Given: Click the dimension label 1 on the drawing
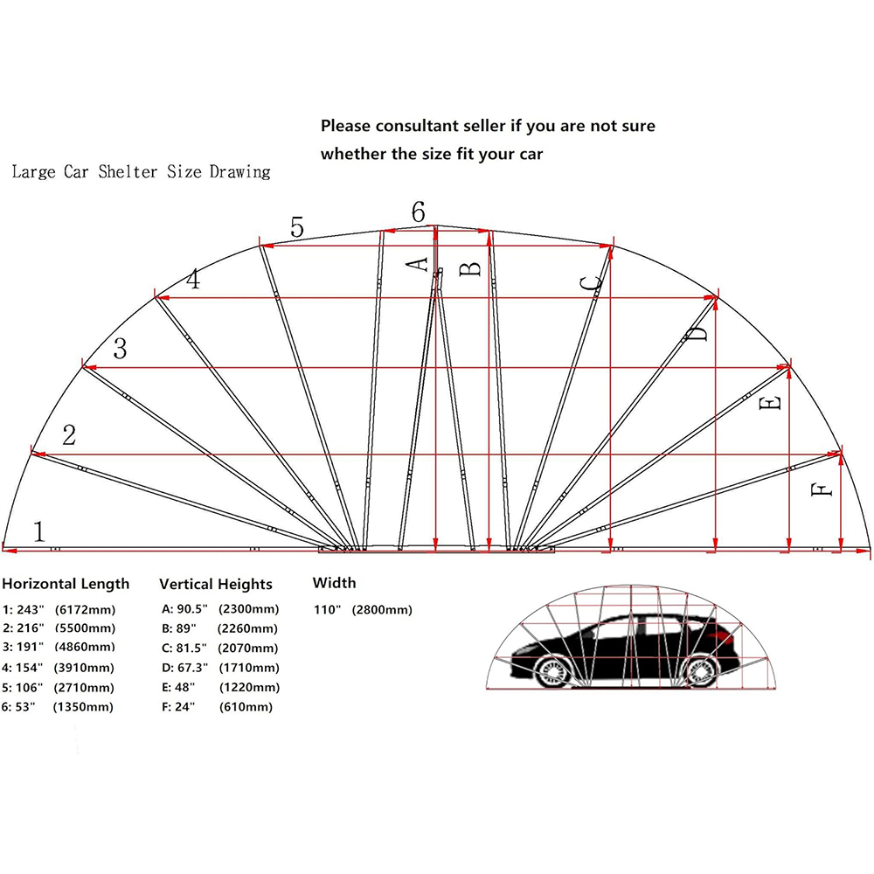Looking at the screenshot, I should pyautogui.click(x=38, y=531).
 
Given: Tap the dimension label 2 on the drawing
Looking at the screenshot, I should pyautogui.click(x=69, y=435).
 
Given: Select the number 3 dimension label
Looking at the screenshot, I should pyautogui.click(x=120, y=350).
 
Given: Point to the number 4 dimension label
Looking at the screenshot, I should pyautogui.click(x=192, y=281).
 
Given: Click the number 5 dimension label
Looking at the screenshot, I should pyautogui.click(x=297, y=228).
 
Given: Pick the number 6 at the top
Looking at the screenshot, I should pyautogui.click(x=418, y=212).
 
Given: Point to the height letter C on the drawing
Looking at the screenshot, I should pyautogui.click(x=592, y=283).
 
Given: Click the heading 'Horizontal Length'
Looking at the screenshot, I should pyautogui.click(x=66, y=584).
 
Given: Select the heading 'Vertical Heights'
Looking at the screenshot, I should pyautogui.click(x=216, y=584).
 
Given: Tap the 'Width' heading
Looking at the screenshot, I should pyautogui.click(x=335, y=583).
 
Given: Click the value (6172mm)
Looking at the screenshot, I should pyautogui.click(x=85, y=608).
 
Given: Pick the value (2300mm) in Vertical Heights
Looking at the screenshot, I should pyautogui.click(x=248, y=608).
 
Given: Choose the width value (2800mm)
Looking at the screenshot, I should pyautogui.click(x=382, y=610).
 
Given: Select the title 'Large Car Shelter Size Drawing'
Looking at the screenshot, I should pyautogui.click(x=141, y=172).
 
